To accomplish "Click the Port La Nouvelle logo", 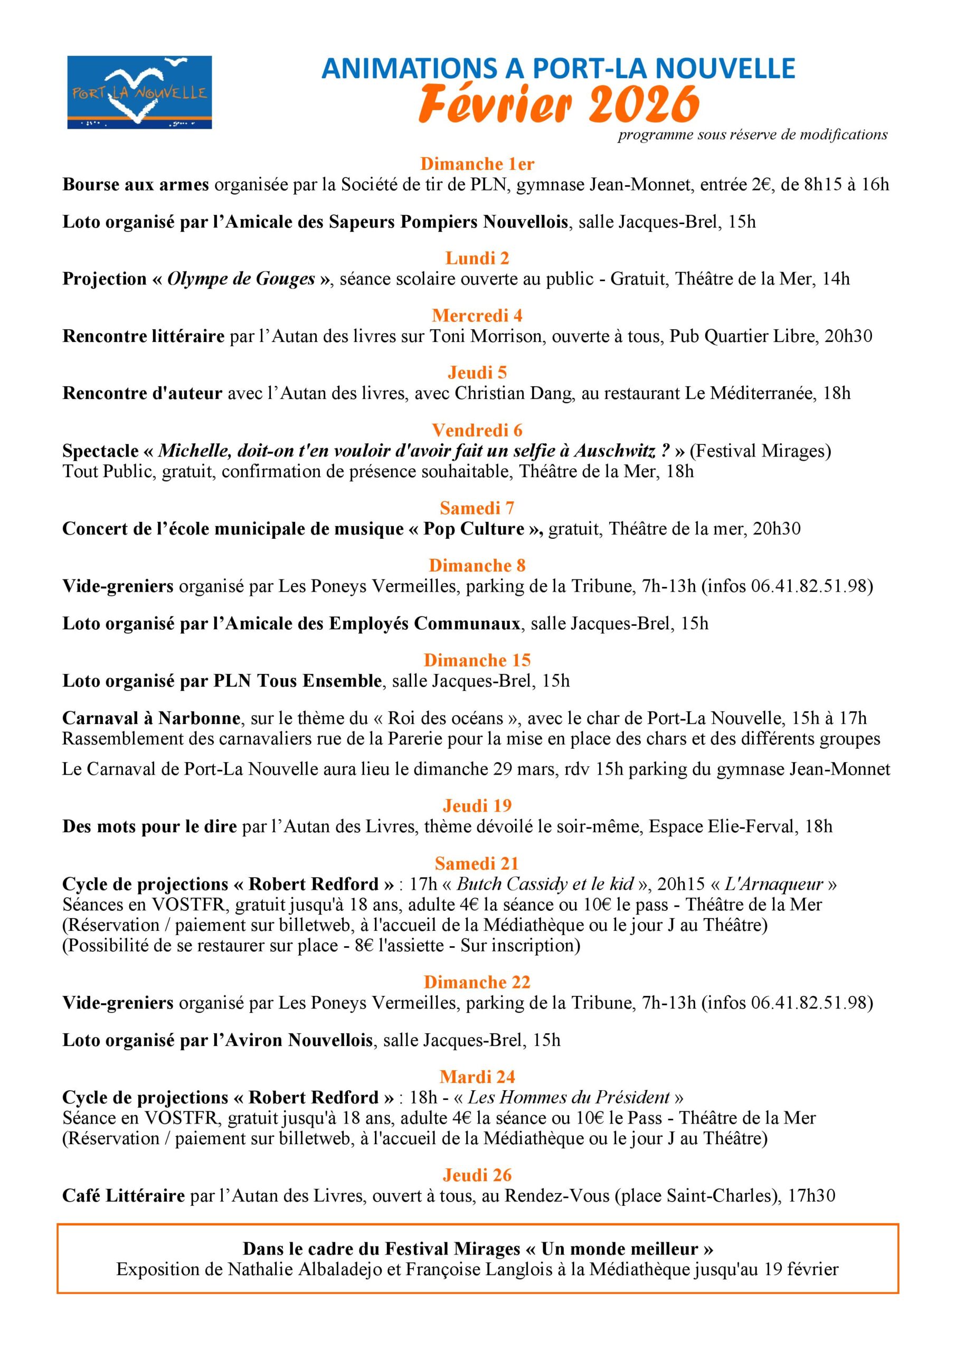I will click(x=139, y=92).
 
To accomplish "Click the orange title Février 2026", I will click(x=558, y=103).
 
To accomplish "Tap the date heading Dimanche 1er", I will click(x=477, y=164).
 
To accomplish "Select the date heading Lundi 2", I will click(x=477, y=258).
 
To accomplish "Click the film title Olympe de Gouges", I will click(x=241, y=279).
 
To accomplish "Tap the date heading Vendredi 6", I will click(x=477, y=430).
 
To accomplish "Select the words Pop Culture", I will click(x=474, y=528).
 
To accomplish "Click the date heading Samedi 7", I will click(x=477, y=508).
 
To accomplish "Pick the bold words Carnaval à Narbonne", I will click(x=152, y=718).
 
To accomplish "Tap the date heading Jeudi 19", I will click(x=477, y=805).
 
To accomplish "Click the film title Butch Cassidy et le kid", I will click(x=545, y=884).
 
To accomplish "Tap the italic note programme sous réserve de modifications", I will click(x=752, y=135).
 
